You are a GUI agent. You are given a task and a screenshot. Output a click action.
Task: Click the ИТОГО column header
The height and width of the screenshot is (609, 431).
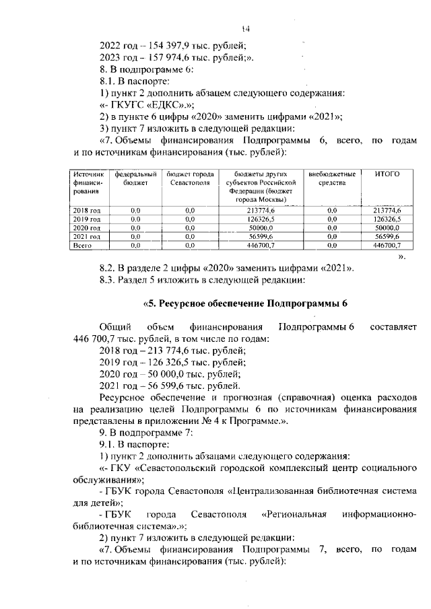(x=386, y=174)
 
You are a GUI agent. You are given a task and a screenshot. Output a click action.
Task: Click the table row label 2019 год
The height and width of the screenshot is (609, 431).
(x=86, y=219)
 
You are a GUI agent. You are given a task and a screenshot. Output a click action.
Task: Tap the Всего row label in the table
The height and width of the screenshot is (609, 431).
(x=82, y=246)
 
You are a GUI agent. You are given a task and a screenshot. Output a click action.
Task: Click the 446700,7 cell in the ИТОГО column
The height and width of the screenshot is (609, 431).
(x=387, y=247)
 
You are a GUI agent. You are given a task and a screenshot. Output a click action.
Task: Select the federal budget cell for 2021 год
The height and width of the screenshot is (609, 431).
(x=135, y=238)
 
